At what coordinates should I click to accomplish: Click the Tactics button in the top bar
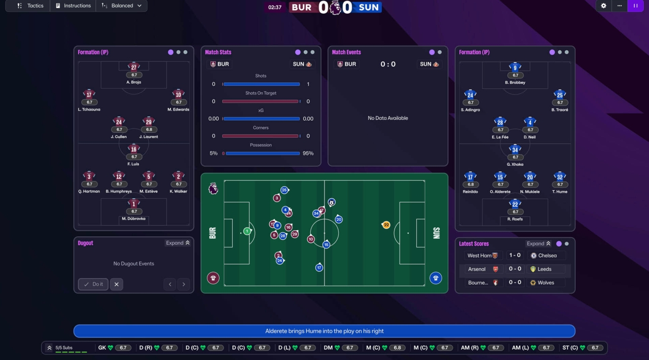tap(30, 6)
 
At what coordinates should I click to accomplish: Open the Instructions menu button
tap(73, 6)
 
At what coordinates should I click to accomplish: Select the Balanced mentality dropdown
tap(122, 6)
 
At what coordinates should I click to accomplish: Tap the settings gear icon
tap(603, 6)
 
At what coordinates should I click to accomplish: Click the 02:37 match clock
tap(275, 7)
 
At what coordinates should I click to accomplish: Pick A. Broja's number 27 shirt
tap(134, 67)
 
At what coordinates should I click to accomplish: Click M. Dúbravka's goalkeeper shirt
tap(134, 204)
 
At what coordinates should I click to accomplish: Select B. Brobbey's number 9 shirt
tap(515, 67)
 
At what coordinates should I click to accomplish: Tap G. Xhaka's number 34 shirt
tap(515, 150)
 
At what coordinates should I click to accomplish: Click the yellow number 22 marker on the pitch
tap(386, 225)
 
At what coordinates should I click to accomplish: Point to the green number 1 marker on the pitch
tap(247, 231)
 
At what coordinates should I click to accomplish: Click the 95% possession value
tap(308, 153)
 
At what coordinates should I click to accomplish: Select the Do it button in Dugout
tap(93, 284)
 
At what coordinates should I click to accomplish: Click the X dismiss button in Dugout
tap(116, 284)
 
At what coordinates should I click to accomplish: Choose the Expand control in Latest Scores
tap(538, 243)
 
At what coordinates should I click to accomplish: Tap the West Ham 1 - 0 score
tap(515, 256)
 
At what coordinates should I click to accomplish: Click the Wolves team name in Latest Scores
tap(546, 282)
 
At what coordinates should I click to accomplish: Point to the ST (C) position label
tap(570, 348)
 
